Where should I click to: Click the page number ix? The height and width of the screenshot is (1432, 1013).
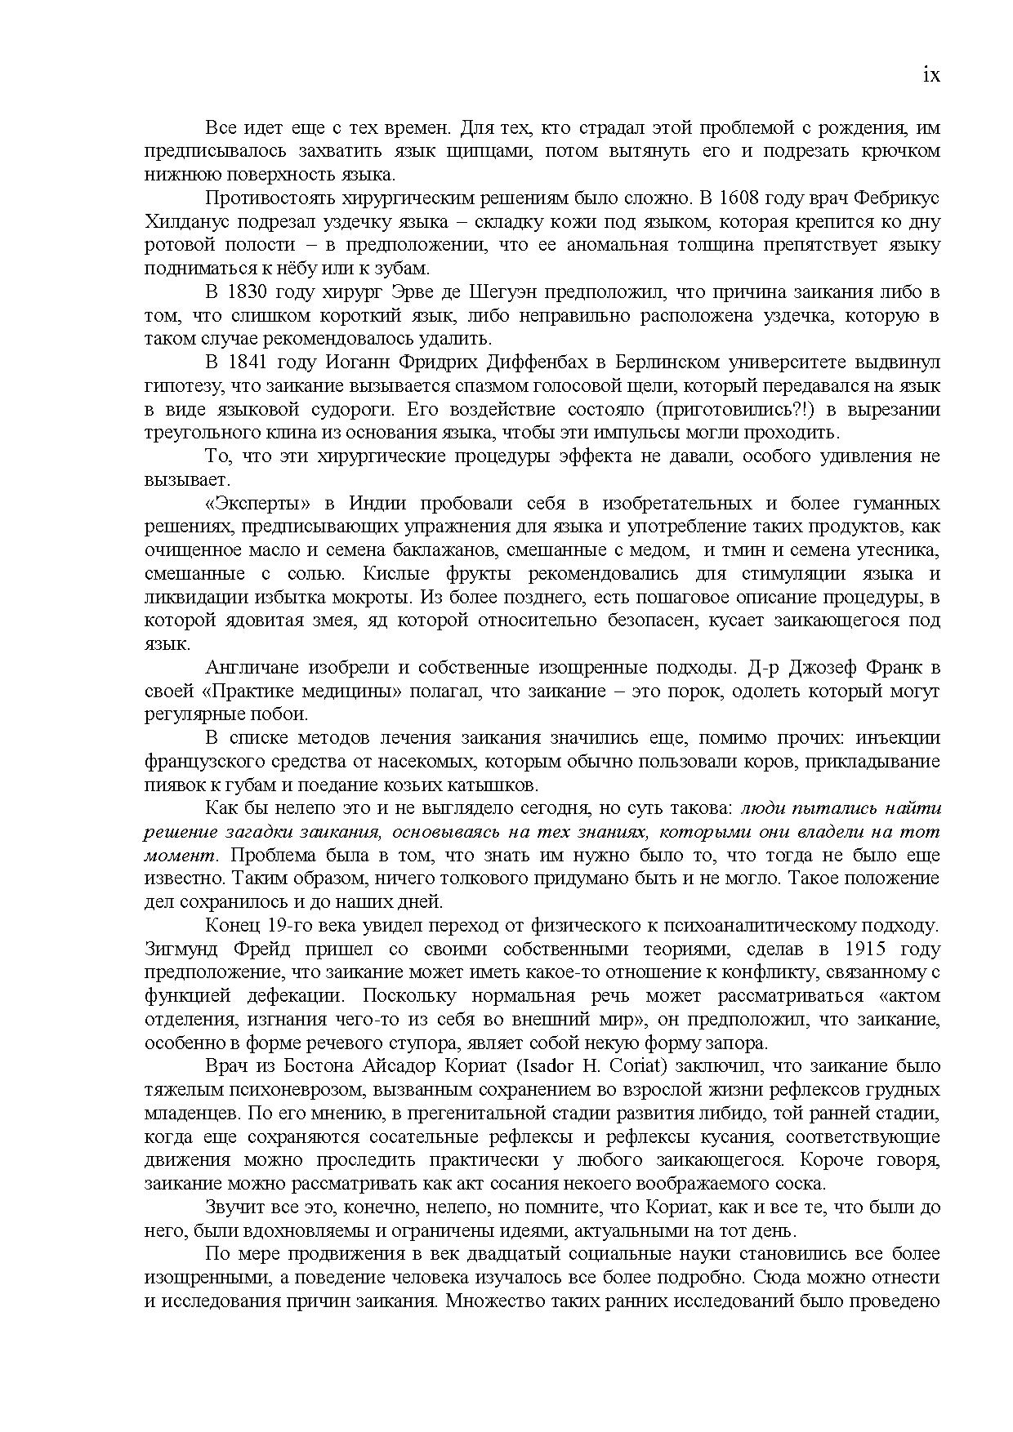[930, 75]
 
